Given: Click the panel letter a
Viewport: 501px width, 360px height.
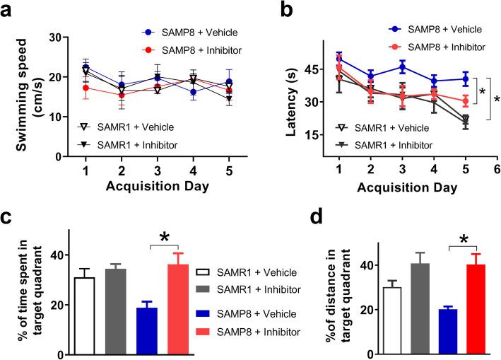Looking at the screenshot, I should tap(9, 11).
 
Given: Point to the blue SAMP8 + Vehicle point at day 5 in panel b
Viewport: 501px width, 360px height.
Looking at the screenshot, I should tap(465, 79).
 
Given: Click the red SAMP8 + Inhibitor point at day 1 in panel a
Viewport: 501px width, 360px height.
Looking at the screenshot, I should tap(86, 88).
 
